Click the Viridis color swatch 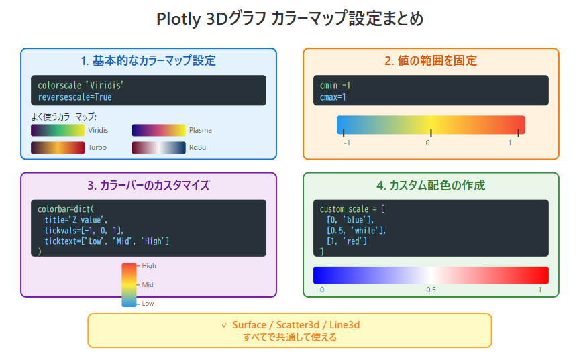(x=58, y=130)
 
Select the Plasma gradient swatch (x=158, y=130)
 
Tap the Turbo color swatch (x=58, y=147)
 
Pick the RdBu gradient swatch (x=158, y=147)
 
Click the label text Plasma (x=200, y=130)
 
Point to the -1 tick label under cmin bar (x=347, y=143)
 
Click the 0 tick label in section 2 (x=427, y=143)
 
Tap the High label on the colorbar (x=149, y=266)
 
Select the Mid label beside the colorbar (x=148, y=285)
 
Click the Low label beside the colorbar (x=148, y=304)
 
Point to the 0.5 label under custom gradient (x=431, y=290)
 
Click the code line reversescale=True (x=74, y=97)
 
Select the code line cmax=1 (x=333, y=97)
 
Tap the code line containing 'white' (x=356, y=230)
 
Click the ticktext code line (x=107, y=241)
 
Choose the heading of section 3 (x=148, y=185)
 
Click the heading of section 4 (x=431, y=185)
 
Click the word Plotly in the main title (x=178, y=19)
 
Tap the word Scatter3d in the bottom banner (x=298, y=325)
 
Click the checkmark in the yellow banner (x=224, y=325)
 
